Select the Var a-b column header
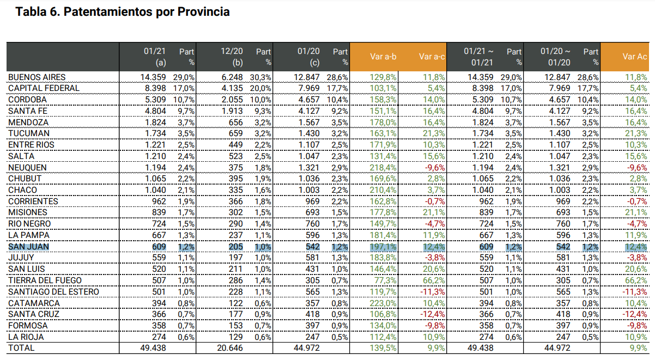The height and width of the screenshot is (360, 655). (383, 56)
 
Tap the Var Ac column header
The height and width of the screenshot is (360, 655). (635, 56)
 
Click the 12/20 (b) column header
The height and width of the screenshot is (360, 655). (232, 56)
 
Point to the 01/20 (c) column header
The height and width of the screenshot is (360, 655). (308, 56)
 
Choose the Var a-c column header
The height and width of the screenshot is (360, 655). (432, 56)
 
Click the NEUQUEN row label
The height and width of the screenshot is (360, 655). (27, 167)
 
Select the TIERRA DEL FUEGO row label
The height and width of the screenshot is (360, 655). (45, 280)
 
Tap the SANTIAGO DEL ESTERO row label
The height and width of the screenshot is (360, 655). (53, 292)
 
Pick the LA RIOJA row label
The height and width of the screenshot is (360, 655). (26, 337)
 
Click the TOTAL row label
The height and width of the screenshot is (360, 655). (21, 348)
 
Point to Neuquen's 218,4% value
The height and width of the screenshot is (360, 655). (383, 167)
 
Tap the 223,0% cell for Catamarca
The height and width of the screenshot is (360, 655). (383, 303)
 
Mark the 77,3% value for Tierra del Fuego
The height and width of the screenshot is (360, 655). (386, 280)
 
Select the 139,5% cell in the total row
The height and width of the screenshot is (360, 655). (383, 348)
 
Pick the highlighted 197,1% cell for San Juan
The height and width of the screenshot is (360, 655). (383, 247)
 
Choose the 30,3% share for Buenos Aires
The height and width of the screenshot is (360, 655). (260, 77)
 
